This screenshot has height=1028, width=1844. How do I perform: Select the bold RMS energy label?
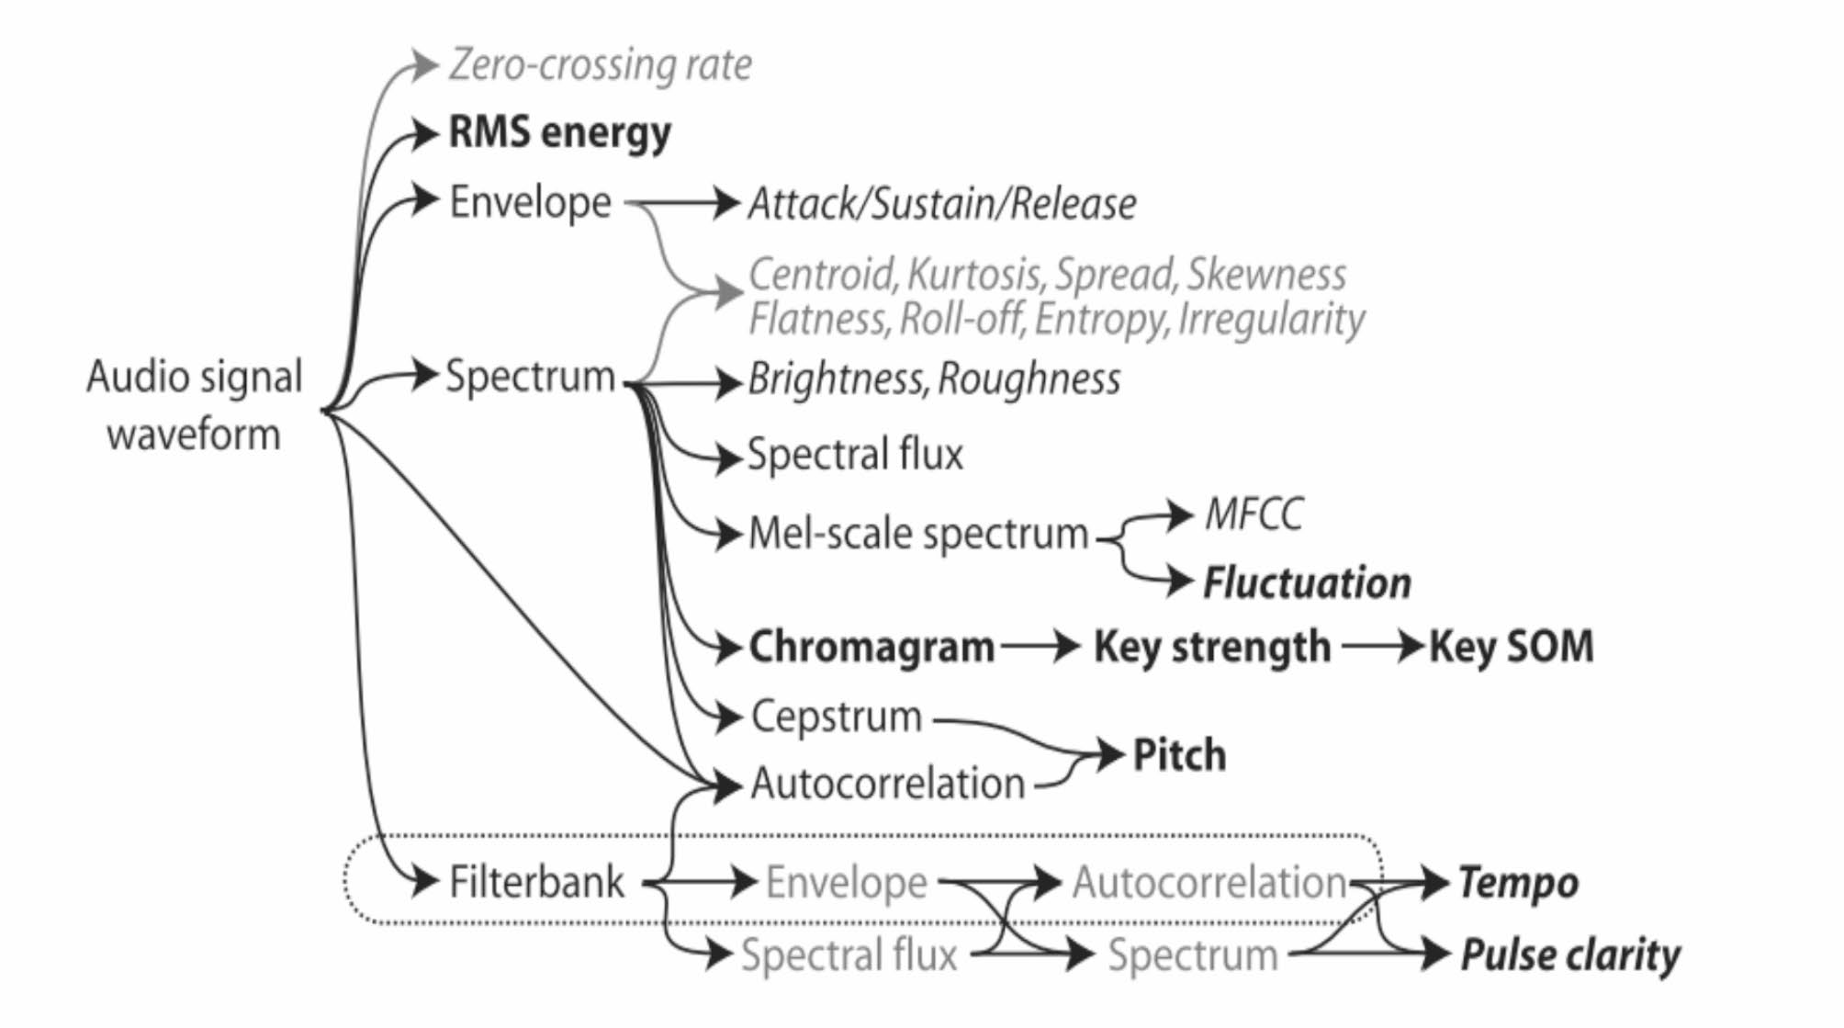tap(559, 133)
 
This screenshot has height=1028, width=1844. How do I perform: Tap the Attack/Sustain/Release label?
tap(941, 203)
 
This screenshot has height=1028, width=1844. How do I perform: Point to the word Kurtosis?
tap(974, 274)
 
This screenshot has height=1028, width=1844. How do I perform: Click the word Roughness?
tap(1029, 378)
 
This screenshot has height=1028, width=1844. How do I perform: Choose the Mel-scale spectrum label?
tap(917, 534)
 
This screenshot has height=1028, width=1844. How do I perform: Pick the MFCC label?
tap(1254, 514)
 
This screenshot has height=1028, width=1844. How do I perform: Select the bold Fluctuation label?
tap(1307, 582)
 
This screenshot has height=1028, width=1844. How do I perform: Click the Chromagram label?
tap(871, 647)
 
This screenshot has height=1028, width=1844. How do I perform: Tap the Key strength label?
tap(1211, 647)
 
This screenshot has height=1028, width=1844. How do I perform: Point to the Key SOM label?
tap(1511, 647)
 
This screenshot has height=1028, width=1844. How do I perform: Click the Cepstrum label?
tap(837, 717)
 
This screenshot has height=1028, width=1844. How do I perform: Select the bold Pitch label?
tap(1179, 755)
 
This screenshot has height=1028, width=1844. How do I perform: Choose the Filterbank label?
tap(536, 882)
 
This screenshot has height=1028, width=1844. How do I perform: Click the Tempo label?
tap(1518, 883)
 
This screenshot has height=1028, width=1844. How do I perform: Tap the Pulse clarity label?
tap(1570, 955)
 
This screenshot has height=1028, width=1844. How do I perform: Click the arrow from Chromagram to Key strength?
tap(1041, 647)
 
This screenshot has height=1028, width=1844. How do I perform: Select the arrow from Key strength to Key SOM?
tap(1381, 647)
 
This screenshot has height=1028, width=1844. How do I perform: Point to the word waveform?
tap(194, 434)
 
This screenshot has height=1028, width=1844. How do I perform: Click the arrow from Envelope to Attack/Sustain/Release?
tap(684, 202)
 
